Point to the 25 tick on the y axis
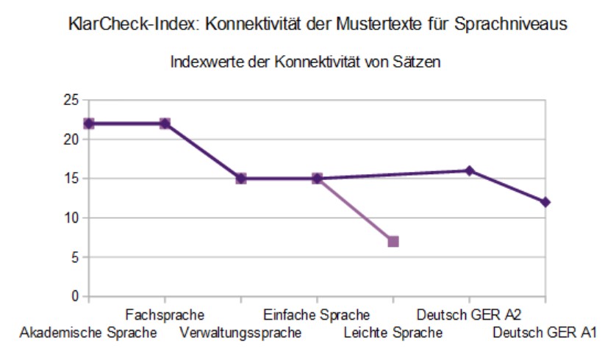[x=71, y=101]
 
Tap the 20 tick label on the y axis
[x=71, y=140]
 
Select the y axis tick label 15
[x=71, y=179]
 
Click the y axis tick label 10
[x=71, y=218]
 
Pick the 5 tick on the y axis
[x=75, y=257]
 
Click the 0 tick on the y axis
[x=75, y=297]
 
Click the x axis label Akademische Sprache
[x=88, y=333]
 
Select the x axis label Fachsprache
[x=165, y=315]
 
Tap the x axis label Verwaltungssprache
[x=240, y=333]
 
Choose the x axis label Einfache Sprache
[x=316, y=315]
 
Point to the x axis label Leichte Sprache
[x=393, y=333]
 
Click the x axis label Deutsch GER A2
[x=469, y=315]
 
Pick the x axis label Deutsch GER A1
[x=545, y=333]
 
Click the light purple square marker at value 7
[x=393, y=242]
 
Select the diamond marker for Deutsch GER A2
[x=469, y=170]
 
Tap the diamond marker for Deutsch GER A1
[x=545, y=202]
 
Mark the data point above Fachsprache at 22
[x=165, y=123]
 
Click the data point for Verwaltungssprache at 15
[x=241, y=179]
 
